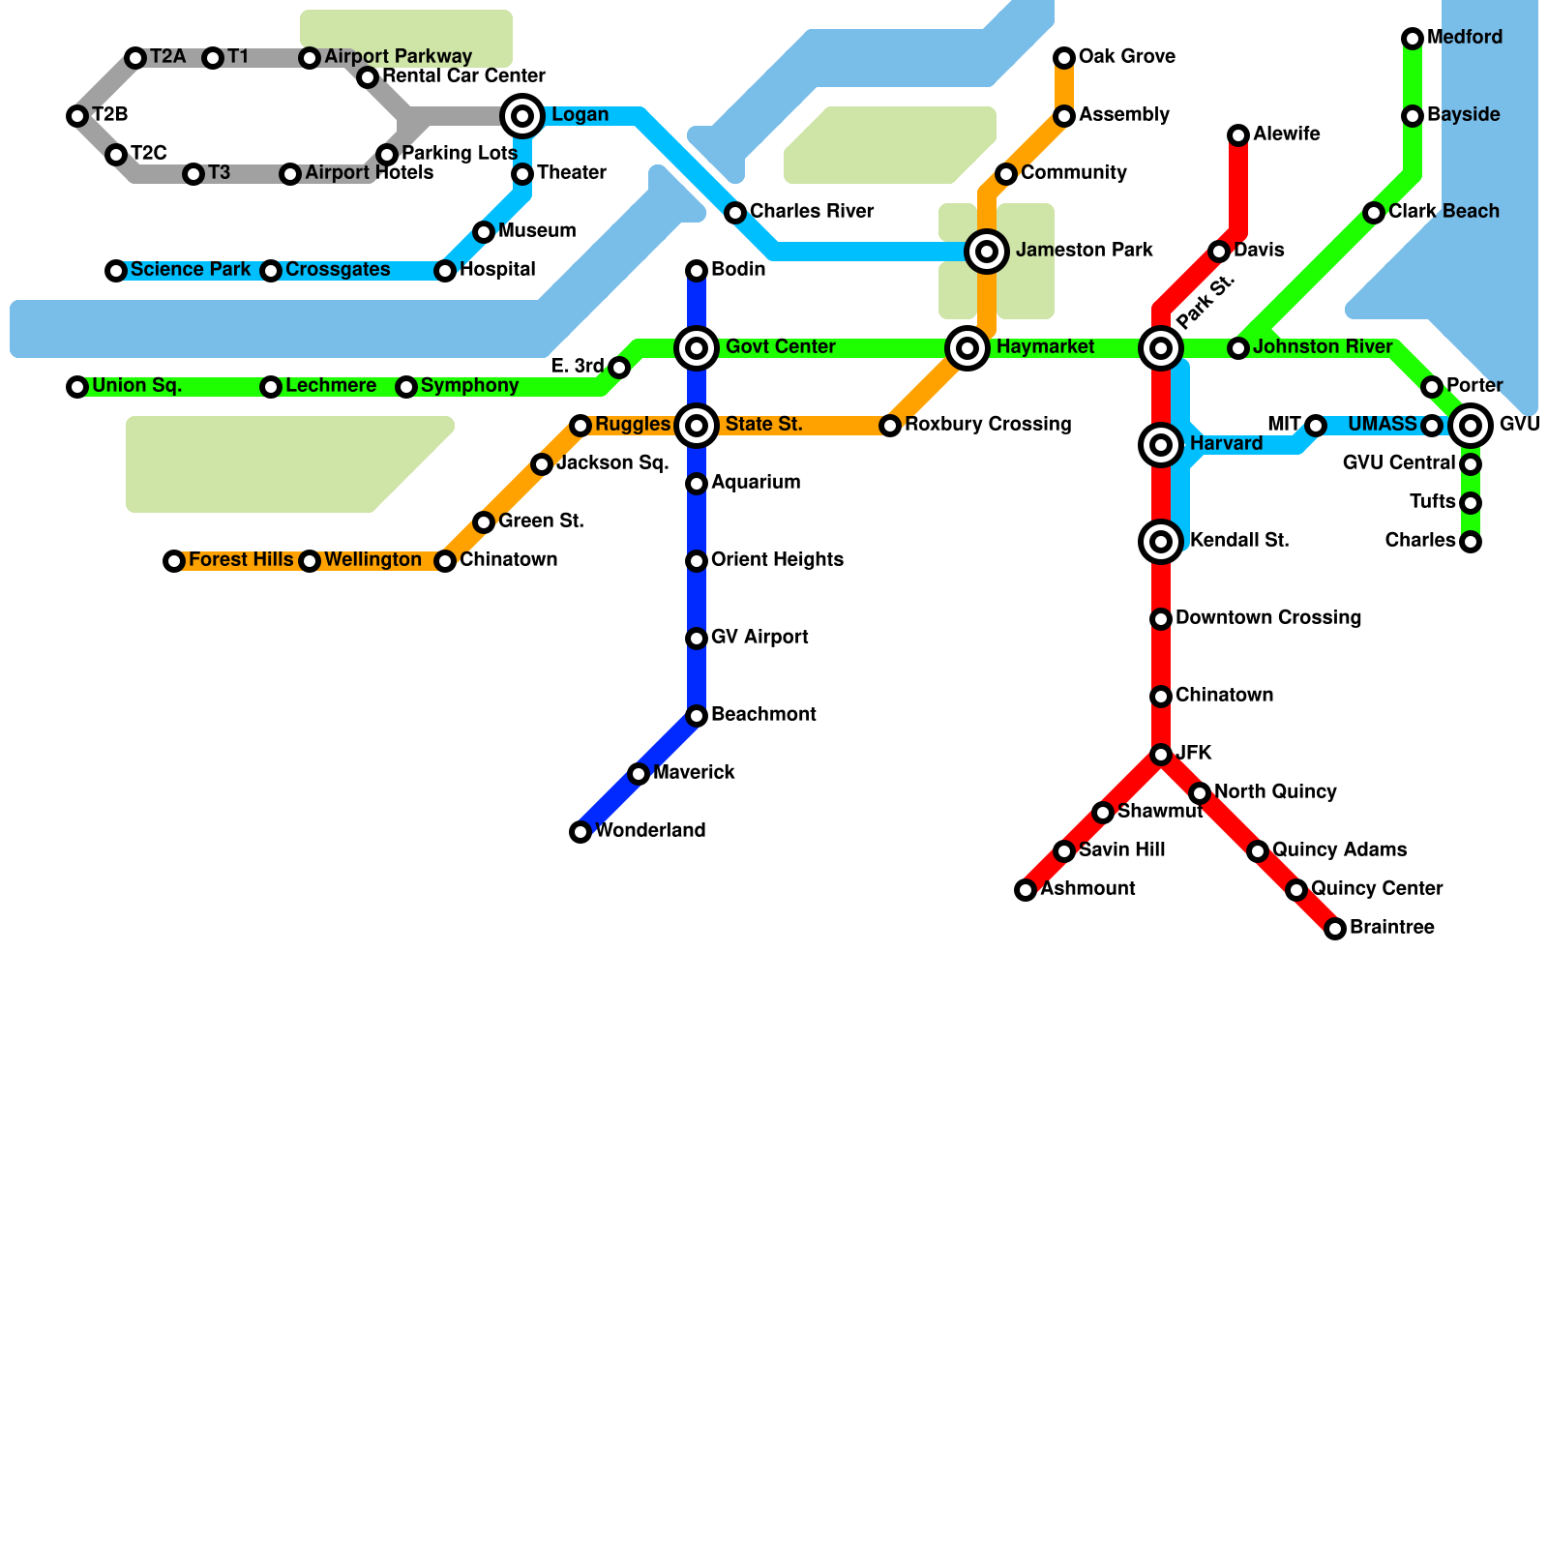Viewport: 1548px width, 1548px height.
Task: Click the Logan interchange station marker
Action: pos(522,116)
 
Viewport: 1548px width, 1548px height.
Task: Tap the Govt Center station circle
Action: pos(697,348)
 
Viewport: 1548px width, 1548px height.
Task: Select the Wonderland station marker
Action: pos(580,832)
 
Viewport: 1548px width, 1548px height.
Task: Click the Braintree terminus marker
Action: pos(1335,929)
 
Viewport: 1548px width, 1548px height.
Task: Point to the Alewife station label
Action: pos(1286,134)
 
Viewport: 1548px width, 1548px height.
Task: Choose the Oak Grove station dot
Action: pos(1064,58)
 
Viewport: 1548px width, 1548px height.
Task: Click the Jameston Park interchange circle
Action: pos(987,252)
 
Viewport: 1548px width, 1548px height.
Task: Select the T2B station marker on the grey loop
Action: pos(77,116)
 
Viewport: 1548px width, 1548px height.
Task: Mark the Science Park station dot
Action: pos(116,271)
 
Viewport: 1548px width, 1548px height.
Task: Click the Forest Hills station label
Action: pos(241,560)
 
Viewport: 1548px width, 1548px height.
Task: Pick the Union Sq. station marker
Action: pos(77,387)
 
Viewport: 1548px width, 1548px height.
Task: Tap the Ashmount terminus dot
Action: pos(1026,890)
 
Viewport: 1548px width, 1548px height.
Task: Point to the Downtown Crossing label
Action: pos(1267,618)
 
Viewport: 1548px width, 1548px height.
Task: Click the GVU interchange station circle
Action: pos(1471,426)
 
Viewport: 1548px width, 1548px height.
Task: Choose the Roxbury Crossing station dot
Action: pos(890,426)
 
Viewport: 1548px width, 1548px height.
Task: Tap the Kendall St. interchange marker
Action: pos(1161,542)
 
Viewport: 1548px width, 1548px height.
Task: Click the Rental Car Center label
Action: pos(463,76)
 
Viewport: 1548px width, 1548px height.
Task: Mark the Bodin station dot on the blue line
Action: pos(697,271)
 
